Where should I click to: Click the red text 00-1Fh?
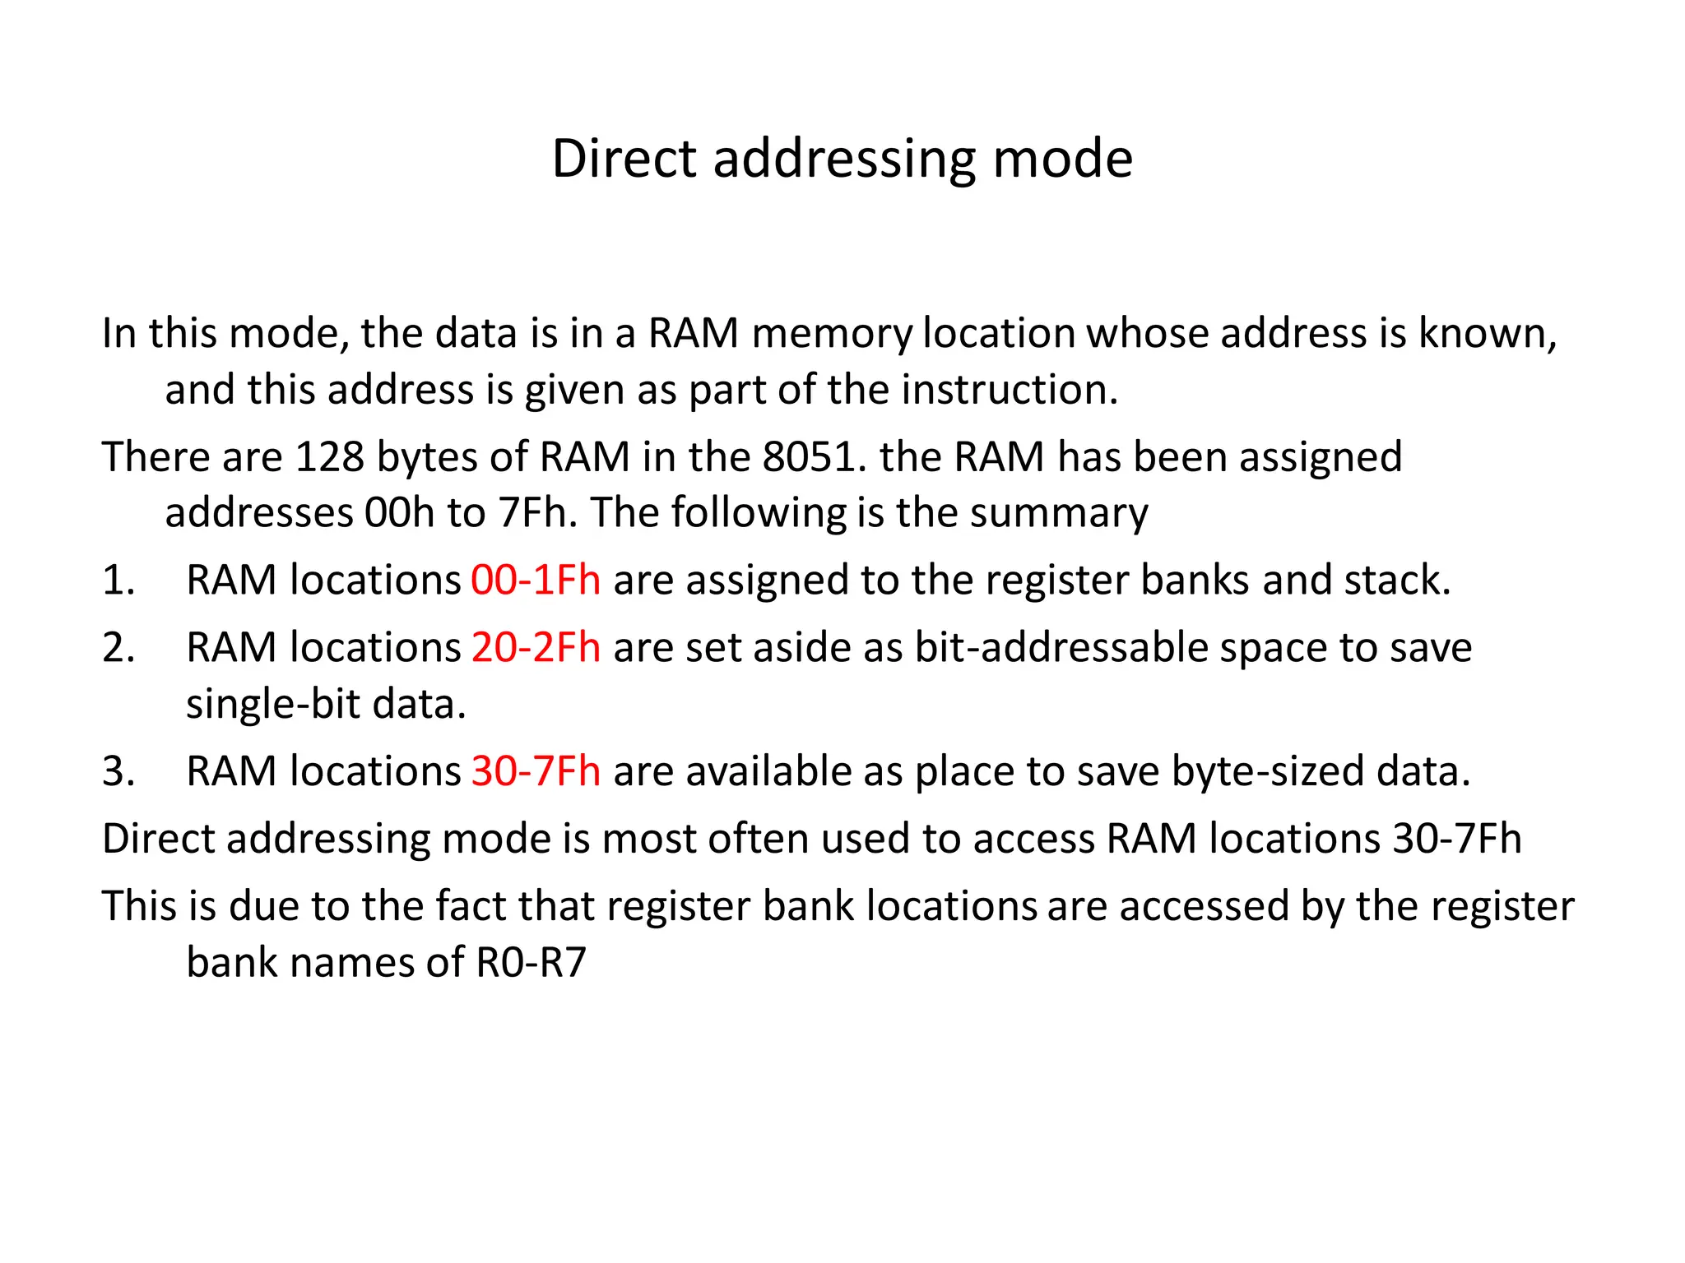pyautogui.click(x=535, y=580)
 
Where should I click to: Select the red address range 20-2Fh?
pyautogui.click(x=535, y=647)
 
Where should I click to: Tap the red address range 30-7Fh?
pyautogui.click(x=535, y=771)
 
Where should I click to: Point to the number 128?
pyautogui.click(x=329, y=456)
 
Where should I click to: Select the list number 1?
pyautogui.click(x=118, y=580)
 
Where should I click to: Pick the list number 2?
pyautogui.click(x=118, y=647)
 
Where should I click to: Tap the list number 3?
pyautogui.click(x=118, y=771)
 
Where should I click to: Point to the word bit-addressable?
pyautogui.click(x=1061, y=647)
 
